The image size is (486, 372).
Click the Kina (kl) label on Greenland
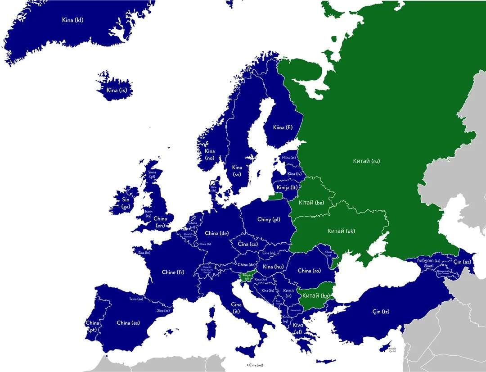72,20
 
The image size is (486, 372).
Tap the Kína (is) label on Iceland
117,90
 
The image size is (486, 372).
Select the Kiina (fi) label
283,127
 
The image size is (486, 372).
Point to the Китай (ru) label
366,161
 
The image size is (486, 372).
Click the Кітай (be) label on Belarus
312,203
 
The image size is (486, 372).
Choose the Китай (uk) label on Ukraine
341,231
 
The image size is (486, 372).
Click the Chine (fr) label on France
173,272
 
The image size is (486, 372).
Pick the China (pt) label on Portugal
92,326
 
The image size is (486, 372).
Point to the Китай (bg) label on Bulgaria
316,296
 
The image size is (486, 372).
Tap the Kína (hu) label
273,267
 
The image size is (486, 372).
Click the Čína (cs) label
247,244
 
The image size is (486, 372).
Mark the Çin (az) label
462,262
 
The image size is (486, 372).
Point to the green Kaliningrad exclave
276,196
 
